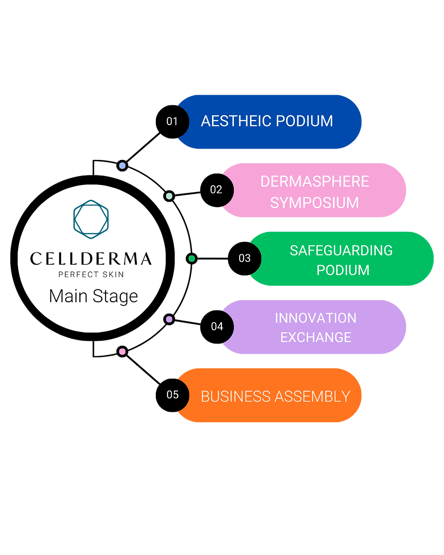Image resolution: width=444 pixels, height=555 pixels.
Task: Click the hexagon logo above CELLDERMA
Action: [x=91, y=219]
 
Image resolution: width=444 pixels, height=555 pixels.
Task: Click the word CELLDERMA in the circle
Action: [x=91, y=259]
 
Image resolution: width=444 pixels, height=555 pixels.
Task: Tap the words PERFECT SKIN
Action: [x=91, y=274]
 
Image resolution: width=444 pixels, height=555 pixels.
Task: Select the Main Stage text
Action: [x=93, y=296]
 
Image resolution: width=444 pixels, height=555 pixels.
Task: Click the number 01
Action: [x=172, y=121]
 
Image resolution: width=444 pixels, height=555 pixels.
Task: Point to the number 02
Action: [x=216, y=190]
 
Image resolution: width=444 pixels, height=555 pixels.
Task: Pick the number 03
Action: [x=245, y=258]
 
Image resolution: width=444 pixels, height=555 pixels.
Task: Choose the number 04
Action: [x=217, y=326]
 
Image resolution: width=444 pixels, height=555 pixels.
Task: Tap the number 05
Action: [x=173, y=395]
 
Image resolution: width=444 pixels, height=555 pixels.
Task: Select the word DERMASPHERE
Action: [x=314, y=182]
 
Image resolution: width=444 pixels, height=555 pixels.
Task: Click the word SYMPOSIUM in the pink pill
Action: [x=314, y=203]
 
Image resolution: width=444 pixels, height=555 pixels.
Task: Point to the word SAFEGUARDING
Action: [x=341, y=250]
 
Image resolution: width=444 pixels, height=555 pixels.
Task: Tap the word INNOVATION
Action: [x=315, y=318]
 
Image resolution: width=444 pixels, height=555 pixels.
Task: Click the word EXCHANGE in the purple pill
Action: [x=315, y=338]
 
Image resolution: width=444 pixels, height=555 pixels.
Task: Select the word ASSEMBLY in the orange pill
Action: [x=312, y=396]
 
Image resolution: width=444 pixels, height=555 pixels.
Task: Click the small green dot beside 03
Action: [x=192, y=259]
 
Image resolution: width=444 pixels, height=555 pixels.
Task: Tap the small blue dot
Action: [x=122, y=166]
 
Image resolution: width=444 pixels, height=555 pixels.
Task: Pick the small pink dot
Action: [x=122, y=352]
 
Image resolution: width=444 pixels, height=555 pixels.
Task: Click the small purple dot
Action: [x=169, y=319]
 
